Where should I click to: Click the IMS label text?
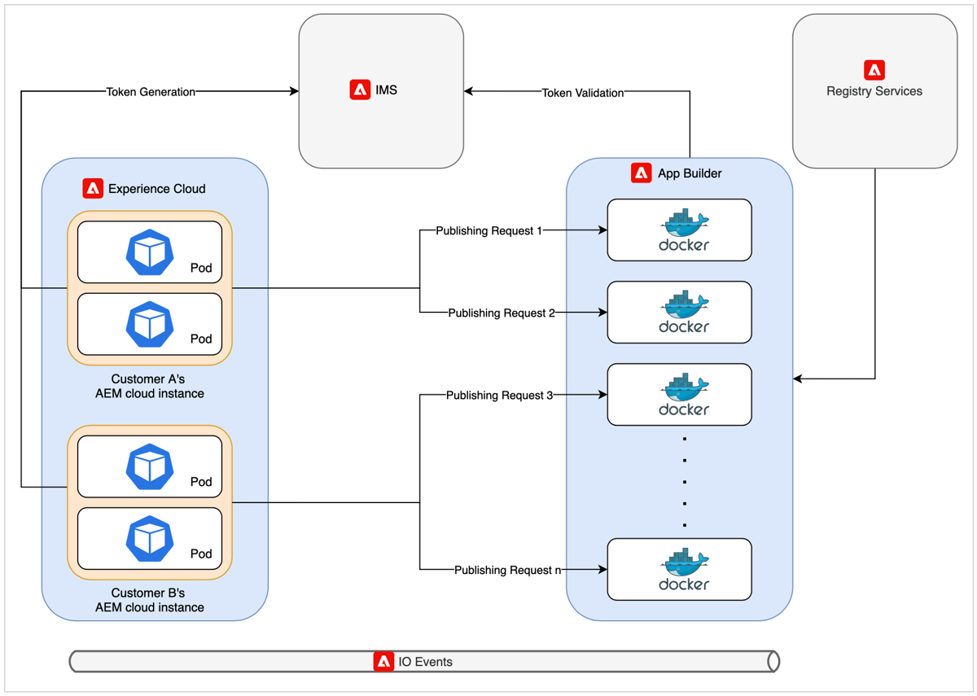tap(387, 90)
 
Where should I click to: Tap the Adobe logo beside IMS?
tap(360, 90)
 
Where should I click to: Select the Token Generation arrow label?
tap(151, 92)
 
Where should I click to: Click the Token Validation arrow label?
tap(583, 93)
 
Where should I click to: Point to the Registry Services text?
tap(874, 91)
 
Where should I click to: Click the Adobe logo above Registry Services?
tap(874, 70)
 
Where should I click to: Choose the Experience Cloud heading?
tap(156, 189)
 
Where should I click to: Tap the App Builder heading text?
tap(690, 173)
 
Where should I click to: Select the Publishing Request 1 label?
tap(488, 230)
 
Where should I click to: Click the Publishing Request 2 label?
tap(501, 313)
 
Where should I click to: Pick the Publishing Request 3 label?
tap(499, 396)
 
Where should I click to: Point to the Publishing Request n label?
tap(507, 570)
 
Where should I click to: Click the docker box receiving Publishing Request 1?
tap(679, 230)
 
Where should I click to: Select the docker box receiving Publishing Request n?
tap(679, 569)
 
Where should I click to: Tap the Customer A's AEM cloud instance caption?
tap(150, 386)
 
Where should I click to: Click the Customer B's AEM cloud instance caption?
tap(150, 600)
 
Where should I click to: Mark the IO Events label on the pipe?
tap(425, 662)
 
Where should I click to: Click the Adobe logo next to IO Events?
tap(383, 662)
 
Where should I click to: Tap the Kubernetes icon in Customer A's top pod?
tap(150, 252)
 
